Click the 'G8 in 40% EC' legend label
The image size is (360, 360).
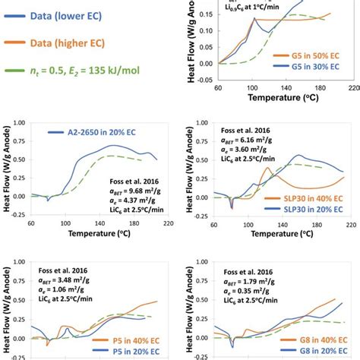[312, 339]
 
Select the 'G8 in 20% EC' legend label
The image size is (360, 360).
[312, 352]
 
